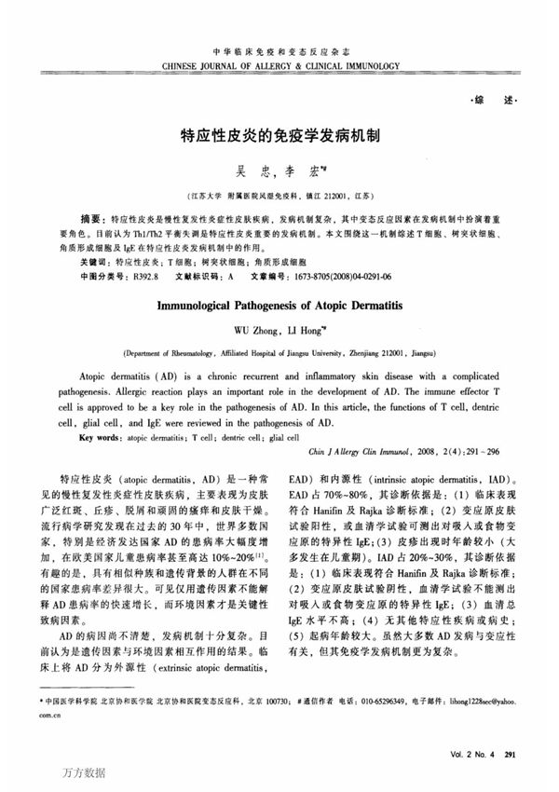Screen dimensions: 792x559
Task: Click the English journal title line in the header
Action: pos(280,67)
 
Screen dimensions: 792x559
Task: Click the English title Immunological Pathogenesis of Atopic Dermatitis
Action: pos(279,305)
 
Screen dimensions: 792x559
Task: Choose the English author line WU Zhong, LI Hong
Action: pos(279,330)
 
